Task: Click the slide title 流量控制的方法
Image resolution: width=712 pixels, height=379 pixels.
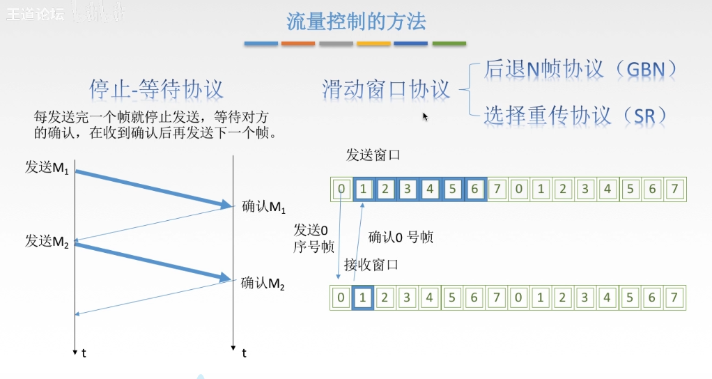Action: pos(356,22)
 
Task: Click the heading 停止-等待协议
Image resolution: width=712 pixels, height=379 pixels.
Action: pos(157,89)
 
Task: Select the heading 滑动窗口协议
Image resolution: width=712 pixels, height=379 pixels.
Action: pos(386,89)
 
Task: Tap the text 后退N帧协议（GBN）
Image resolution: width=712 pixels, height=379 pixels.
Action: pos(580,69)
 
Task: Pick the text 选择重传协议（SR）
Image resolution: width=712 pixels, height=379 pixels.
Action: pos(575,115)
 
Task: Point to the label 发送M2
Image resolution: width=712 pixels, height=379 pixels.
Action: pos(47,242)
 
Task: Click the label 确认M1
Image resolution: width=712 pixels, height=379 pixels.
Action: pos(263,207)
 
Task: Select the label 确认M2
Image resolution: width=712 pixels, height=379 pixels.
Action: pos(263,284)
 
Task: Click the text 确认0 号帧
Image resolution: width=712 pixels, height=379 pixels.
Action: pos(401,238)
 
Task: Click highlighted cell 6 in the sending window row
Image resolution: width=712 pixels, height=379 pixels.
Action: pos(474,189)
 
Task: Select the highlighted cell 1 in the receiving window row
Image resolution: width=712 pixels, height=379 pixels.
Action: pos(362,297)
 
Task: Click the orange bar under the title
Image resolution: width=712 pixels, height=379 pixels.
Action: pos(298,44)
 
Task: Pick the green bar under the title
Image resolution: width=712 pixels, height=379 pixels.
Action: pos(449,44)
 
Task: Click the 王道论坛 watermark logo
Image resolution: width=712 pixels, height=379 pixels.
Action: pos(33,15)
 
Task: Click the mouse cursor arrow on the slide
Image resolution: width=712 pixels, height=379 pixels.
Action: pos(425,116)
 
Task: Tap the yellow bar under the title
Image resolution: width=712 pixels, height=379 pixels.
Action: pos(373,44)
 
